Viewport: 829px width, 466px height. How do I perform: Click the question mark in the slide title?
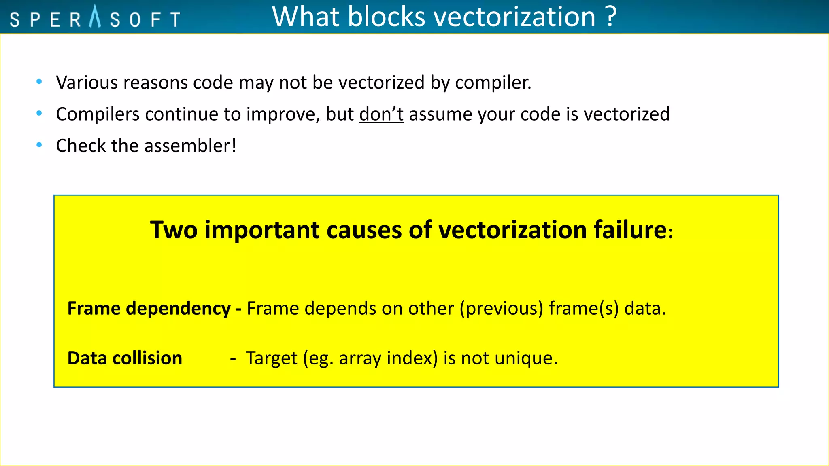(x=611, y=17)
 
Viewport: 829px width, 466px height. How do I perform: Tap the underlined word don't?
(x=381, y=114)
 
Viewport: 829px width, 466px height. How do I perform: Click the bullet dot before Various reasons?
(x=39, y=82)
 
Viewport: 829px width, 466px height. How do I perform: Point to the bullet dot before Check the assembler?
(x=39, y=145)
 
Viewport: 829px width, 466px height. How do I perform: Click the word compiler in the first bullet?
(x=493, y=83)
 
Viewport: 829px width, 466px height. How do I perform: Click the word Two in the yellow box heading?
(x=174, y=230)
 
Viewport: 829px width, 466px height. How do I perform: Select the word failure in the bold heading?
(x=630, y=230)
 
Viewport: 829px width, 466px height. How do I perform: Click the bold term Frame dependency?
(x=149, y=308)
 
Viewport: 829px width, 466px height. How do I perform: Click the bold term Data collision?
(x=125, y=358)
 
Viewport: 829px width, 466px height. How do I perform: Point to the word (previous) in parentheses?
(x=501, y=309)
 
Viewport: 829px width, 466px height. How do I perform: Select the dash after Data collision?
(x=233, y=358)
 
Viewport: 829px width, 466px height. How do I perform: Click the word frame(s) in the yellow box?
(x=584, y=309)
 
